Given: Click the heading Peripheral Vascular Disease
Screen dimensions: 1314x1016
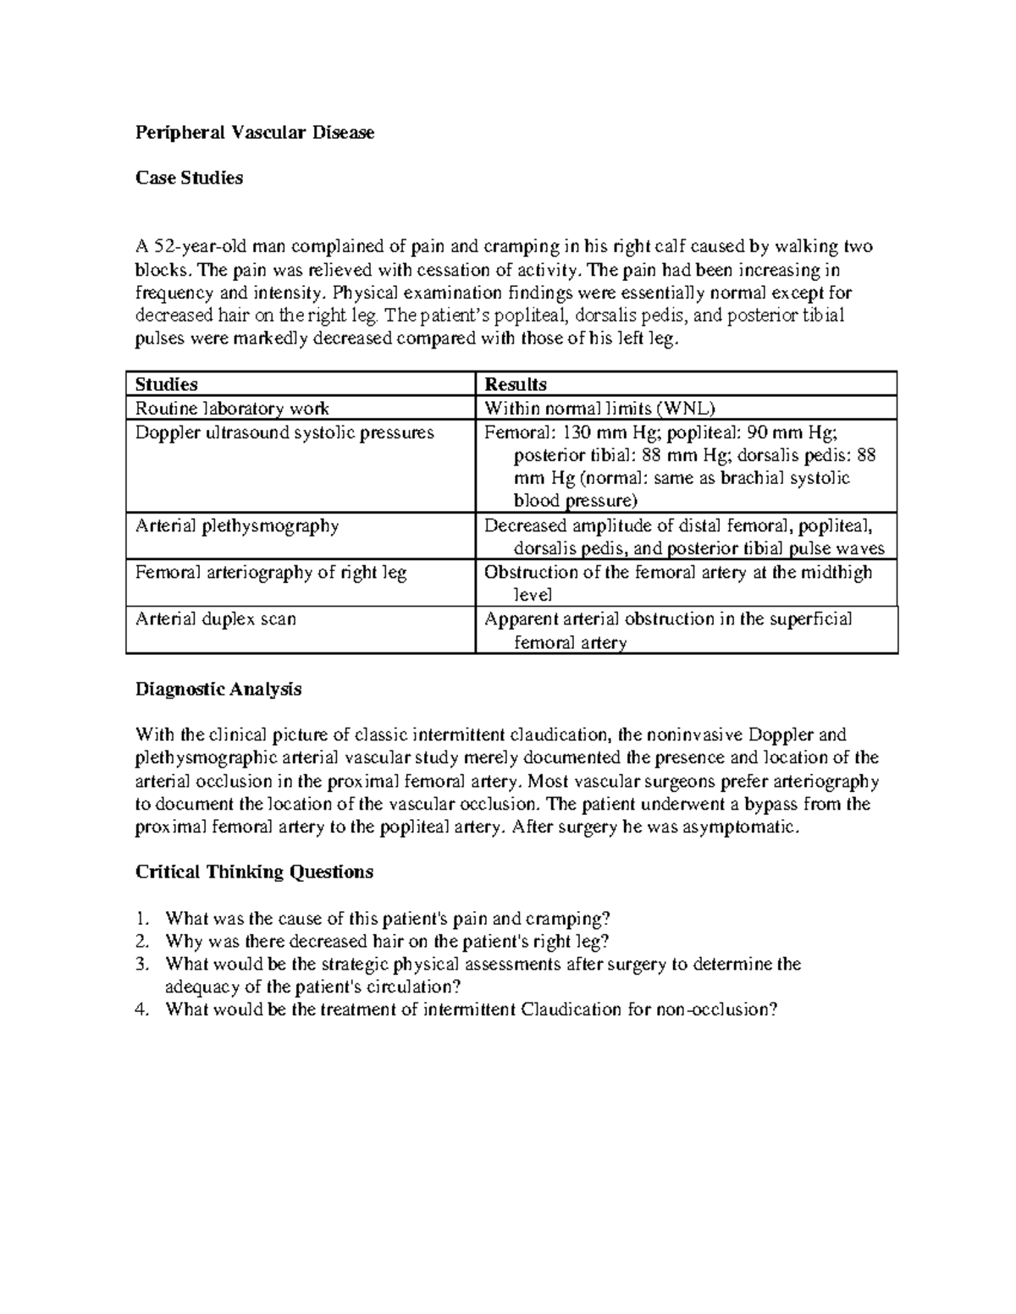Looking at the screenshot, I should [x=254, y=133].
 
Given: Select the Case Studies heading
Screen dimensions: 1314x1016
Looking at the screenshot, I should [x=189, y=179].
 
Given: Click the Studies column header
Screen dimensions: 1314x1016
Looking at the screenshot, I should [x=167, y=384].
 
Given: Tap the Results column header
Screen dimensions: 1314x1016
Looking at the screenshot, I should [x=515, y=384].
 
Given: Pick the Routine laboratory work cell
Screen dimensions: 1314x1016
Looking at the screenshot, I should [x=232, y=408].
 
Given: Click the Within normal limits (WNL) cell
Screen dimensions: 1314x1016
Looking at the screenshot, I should [x=599, y=408].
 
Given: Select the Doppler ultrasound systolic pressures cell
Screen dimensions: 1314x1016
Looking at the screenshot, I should [x=284, y=432].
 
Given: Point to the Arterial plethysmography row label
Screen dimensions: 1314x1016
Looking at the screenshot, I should [x=237, y=525].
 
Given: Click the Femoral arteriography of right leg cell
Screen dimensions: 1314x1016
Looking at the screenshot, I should [x=271, y=572].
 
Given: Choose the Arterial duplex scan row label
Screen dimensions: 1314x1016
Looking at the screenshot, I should [x=216, y=619].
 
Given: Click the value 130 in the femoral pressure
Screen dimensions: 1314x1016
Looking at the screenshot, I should [x=577, y=432].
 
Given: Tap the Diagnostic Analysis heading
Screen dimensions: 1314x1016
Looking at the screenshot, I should [x=218, y=689].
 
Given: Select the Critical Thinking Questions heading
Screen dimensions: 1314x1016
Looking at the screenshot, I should [x=254, y=871].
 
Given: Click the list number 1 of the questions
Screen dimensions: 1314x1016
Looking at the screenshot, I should [x=141, y=919].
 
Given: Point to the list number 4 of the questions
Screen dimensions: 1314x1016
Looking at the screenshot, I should [x=141, y=1009].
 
